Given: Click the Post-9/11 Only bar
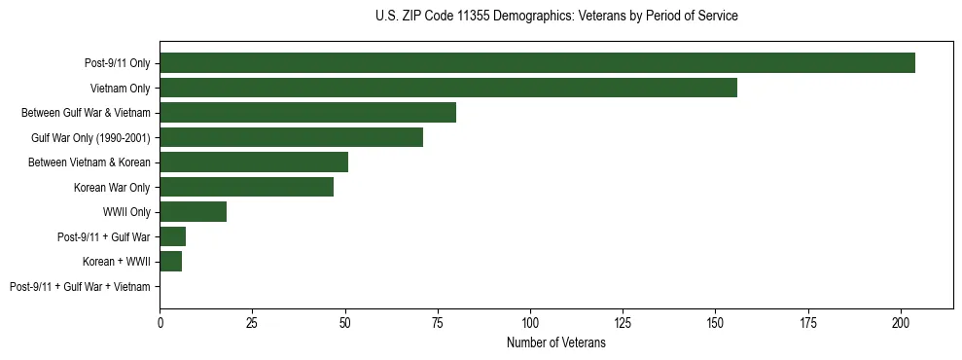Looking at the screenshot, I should [x=537, y=63].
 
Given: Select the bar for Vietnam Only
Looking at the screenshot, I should [x=448, y=88].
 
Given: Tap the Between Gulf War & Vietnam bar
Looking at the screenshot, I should [x=307, y=113].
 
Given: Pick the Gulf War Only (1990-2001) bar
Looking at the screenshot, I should [x=291, y=137].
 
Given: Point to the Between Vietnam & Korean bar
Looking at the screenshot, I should [x=254, y=162].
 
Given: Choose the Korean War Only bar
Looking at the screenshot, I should [x=246, y=187].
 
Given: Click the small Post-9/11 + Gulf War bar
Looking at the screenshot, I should [x=172, y=236].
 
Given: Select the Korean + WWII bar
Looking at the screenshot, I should [x=170, y=262].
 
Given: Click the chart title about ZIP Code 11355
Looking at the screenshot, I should [x=555, y=17].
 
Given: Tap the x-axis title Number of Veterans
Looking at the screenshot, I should [x=555, y=342].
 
